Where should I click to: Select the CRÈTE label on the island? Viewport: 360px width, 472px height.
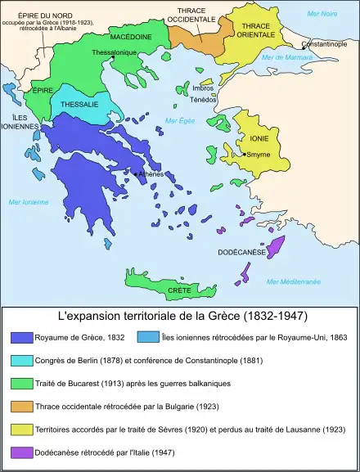pos(179,290)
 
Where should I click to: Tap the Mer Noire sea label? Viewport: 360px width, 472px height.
pos(321,15)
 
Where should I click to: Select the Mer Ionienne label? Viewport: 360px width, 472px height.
pos(28,202)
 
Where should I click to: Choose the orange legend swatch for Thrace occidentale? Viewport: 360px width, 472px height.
pos(21,405)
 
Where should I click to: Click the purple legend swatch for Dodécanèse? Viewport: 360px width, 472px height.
pos(21,452)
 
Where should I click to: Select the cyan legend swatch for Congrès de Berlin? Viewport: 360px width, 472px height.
pos(21,359)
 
